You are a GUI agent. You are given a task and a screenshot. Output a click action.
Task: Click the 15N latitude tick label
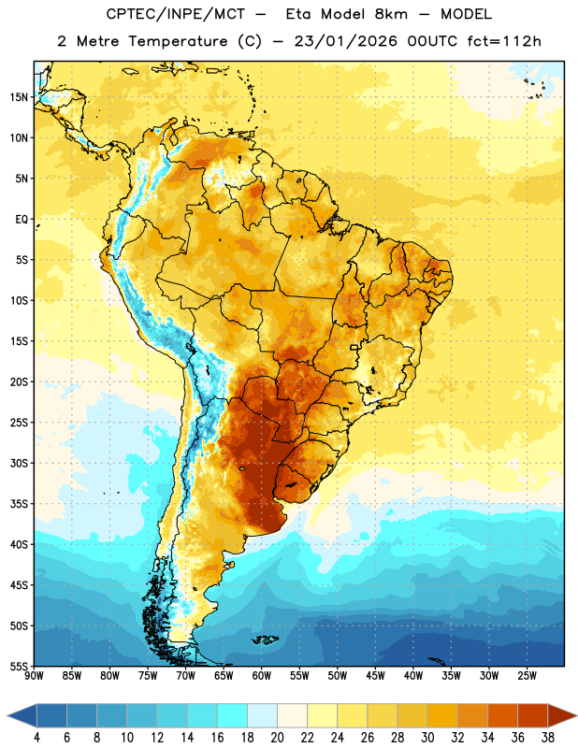click(19, 97)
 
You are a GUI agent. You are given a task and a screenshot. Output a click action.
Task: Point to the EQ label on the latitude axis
click(22, 220)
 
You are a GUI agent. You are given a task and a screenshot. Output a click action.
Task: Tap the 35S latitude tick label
click(19, 504)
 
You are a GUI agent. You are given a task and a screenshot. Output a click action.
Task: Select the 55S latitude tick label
click(19, 667)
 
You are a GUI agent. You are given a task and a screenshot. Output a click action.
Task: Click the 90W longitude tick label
click(34, 676)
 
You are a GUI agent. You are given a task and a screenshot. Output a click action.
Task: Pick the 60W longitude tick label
click(262, 676)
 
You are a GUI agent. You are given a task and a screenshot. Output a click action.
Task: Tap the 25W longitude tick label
click(527, 676)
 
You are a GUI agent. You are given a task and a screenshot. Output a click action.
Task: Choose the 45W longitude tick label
click(375, 676)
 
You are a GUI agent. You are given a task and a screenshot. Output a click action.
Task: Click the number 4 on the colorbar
click(36, 738)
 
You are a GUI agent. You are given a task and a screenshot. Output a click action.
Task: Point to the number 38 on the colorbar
click(548, 738)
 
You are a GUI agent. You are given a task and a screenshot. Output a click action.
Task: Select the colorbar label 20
click(277, 738)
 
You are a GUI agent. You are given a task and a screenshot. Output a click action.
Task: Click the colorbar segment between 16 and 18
click(233, 715)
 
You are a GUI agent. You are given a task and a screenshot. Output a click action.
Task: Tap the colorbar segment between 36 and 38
click(533, 715)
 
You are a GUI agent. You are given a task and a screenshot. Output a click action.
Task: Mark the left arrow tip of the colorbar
click(7, 715)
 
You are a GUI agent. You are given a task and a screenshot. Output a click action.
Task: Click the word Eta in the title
click(298, 14)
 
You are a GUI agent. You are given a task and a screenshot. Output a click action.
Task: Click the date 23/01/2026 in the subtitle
click(345, 41)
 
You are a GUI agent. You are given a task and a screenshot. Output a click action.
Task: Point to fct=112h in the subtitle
click(504, 41)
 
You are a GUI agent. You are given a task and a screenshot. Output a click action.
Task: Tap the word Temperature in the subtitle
click(178, 41)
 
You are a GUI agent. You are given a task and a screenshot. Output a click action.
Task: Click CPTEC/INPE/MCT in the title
click(176, 14)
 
